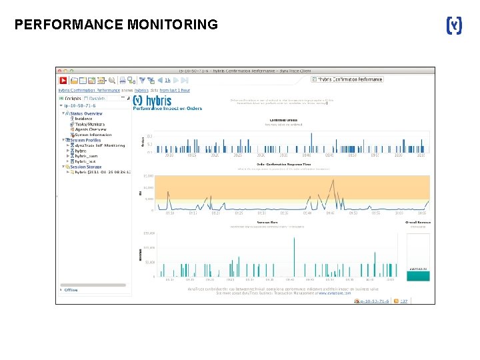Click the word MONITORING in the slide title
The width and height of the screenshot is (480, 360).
[171, 25]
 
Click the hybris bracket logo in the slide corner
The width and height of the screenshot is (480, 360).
[453, 25]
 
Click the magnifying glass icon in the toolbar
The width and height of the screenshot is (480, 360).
[112, 79]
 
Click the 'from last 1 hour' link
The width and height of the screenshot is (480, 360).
[175, 90]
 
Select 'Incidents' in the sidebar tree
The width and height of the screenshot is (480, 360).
[83, 119]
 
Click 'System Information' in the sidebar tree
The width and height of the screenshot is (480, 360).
[93, 135]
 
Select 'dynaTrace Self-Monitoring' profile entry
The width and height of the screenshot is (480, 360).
[99, 145]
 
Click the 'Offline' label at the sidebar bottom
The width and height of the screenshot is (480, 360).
[71, 290]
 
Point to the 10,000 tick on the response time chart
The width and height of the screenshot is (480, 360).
[148, 177]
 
